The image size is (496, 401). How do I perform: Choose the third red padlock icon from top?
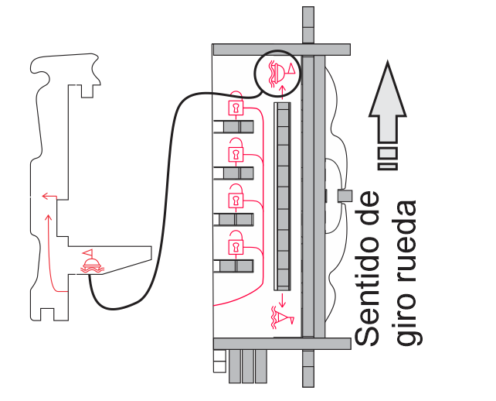pos(236,199)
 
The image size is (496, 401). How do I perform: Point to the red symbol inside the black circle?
pos(280,70)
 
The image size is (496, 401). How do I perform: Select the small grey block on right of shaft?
pos(345,196)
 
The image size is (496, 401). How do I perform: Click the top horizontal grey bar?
pos(281,50)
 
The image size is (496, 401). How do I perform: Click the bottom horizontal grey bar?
pos(281,344)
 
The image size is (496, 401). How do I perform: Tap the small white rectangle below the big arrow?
pos(388,153)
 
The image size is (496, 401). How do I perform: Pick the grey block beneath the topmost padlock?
pos(238,125)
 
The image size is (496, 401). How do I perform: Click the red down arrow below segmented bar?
pos(283,298)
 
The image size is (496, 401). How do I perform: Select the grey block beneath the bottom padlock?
pos(238,266)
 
